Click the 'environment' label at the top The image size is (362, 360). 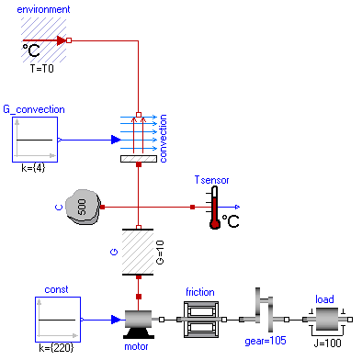[x=43, y=8]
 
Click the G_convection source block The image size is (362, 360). [x=35, y=140]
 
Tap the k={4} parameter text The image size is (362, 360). [x=34, y=171]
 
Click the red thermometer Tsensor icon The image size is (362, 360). [x=215, y=208]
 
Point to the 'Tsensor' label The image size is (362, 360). [x=215, y=179]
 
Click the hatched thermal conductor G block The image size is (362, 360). [x=138, y=251]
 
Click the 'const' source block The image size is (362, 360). [x=57, y=320]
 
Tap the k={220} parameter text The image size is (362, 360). [x=57, y=350]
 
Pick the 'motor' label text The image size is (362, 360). [x=137, y=347]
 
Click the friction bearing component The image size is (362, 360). [x=199, y=320]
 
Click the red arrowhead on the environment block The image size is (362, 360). [x=62, y=40]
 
